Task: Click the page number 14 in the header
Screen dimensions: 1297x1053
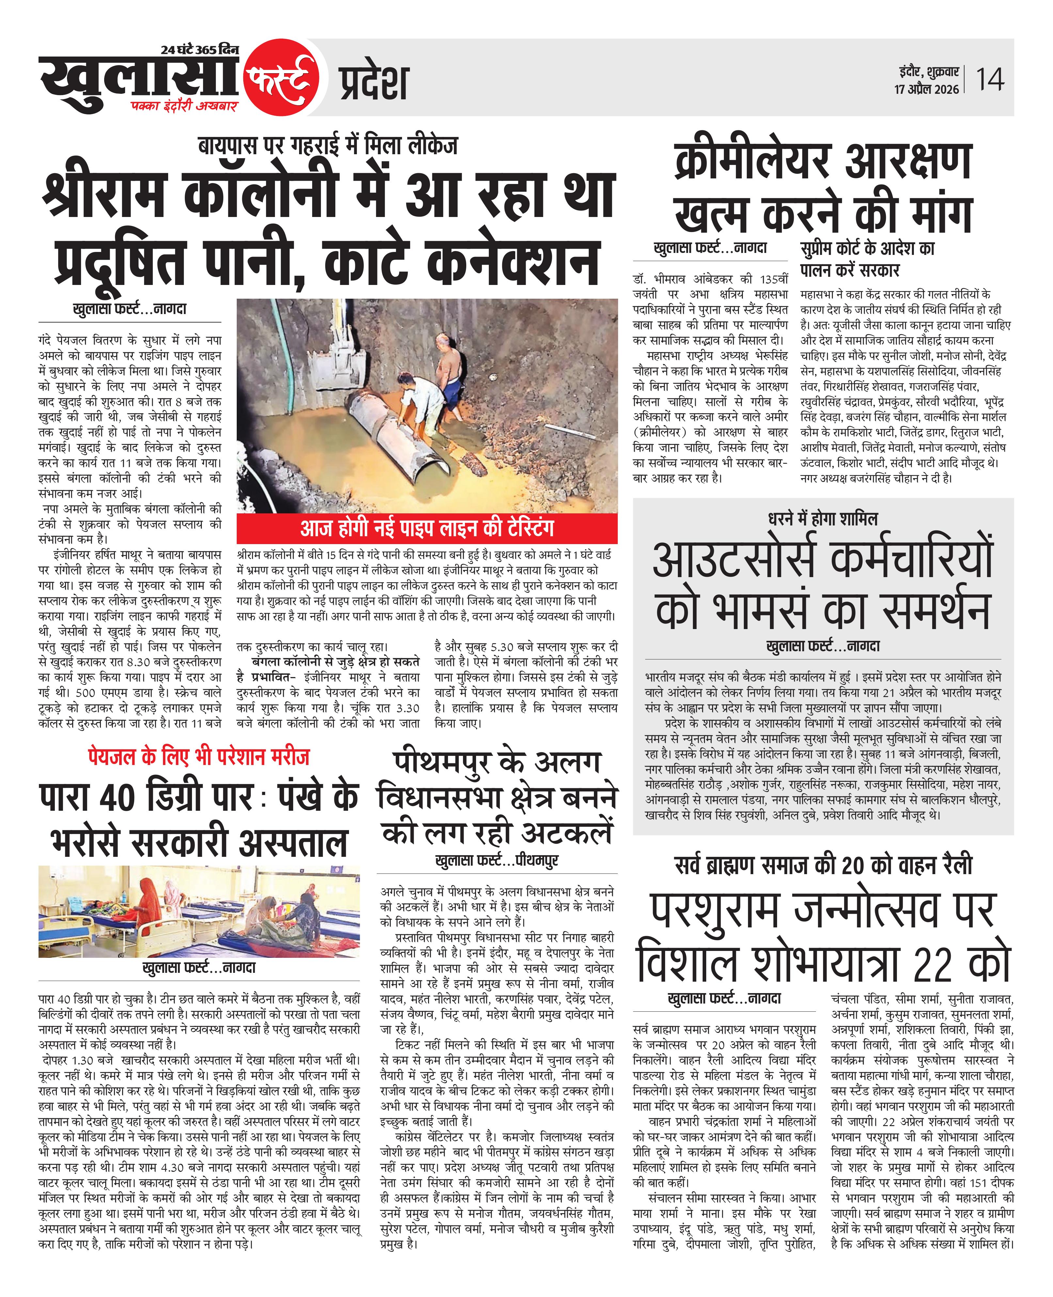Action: (989, 79)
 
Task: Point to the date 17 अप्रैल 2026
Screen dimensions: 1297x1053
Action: (926, 89)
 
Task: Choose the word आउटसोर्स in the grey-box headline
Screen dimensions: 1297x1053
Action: (736, 559)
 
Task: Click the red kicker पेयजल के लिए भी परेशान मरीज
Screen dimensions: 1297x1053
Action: (198, 756)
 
